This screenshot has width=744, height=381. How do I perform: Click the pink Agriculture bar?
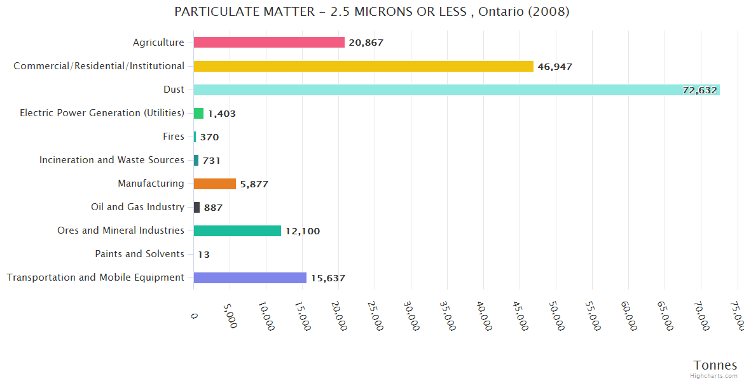[x=269, y=43]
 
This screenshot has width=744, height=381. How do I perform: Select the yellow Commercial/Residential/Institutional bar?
[x=363, y=66]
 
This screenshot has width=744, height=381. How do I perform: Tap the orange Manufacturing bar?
[x=214, y=184]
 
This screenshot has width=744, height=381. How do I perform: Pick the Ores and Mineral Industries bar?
[x=237, y=231]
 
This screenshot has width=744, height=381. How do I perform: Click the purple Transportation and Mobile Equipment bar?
[x=250, y=278]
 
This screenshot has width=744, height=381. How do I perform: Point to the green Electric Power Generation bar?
[x=198, y=114]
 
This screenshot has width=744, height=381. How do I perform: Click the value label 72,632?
[x=699, y=90]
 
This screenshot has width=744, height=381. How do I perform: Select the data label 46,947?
[x=555, y=67]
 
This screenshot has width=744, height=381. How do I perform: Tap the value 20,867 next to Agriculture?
[x=366, y=43]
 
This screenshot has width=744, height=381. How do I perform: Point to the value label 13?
[x=203, y=255]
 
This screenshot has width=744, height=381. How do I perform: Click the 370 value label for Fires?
[x=209, y=137]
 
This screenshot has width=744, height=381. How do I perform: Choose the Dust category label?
[x=174, y=90]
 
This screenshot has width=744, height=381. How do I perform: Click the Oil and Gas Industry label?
[x=138, y=207]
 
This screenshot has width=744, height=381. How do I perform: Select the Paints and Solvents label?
[x=139, y=254]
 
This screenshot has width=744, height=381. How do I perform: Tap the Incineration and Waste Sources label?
[x=112, y=160]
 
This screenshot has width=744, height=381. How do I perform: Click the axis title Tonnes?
[x=715, y=365]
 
